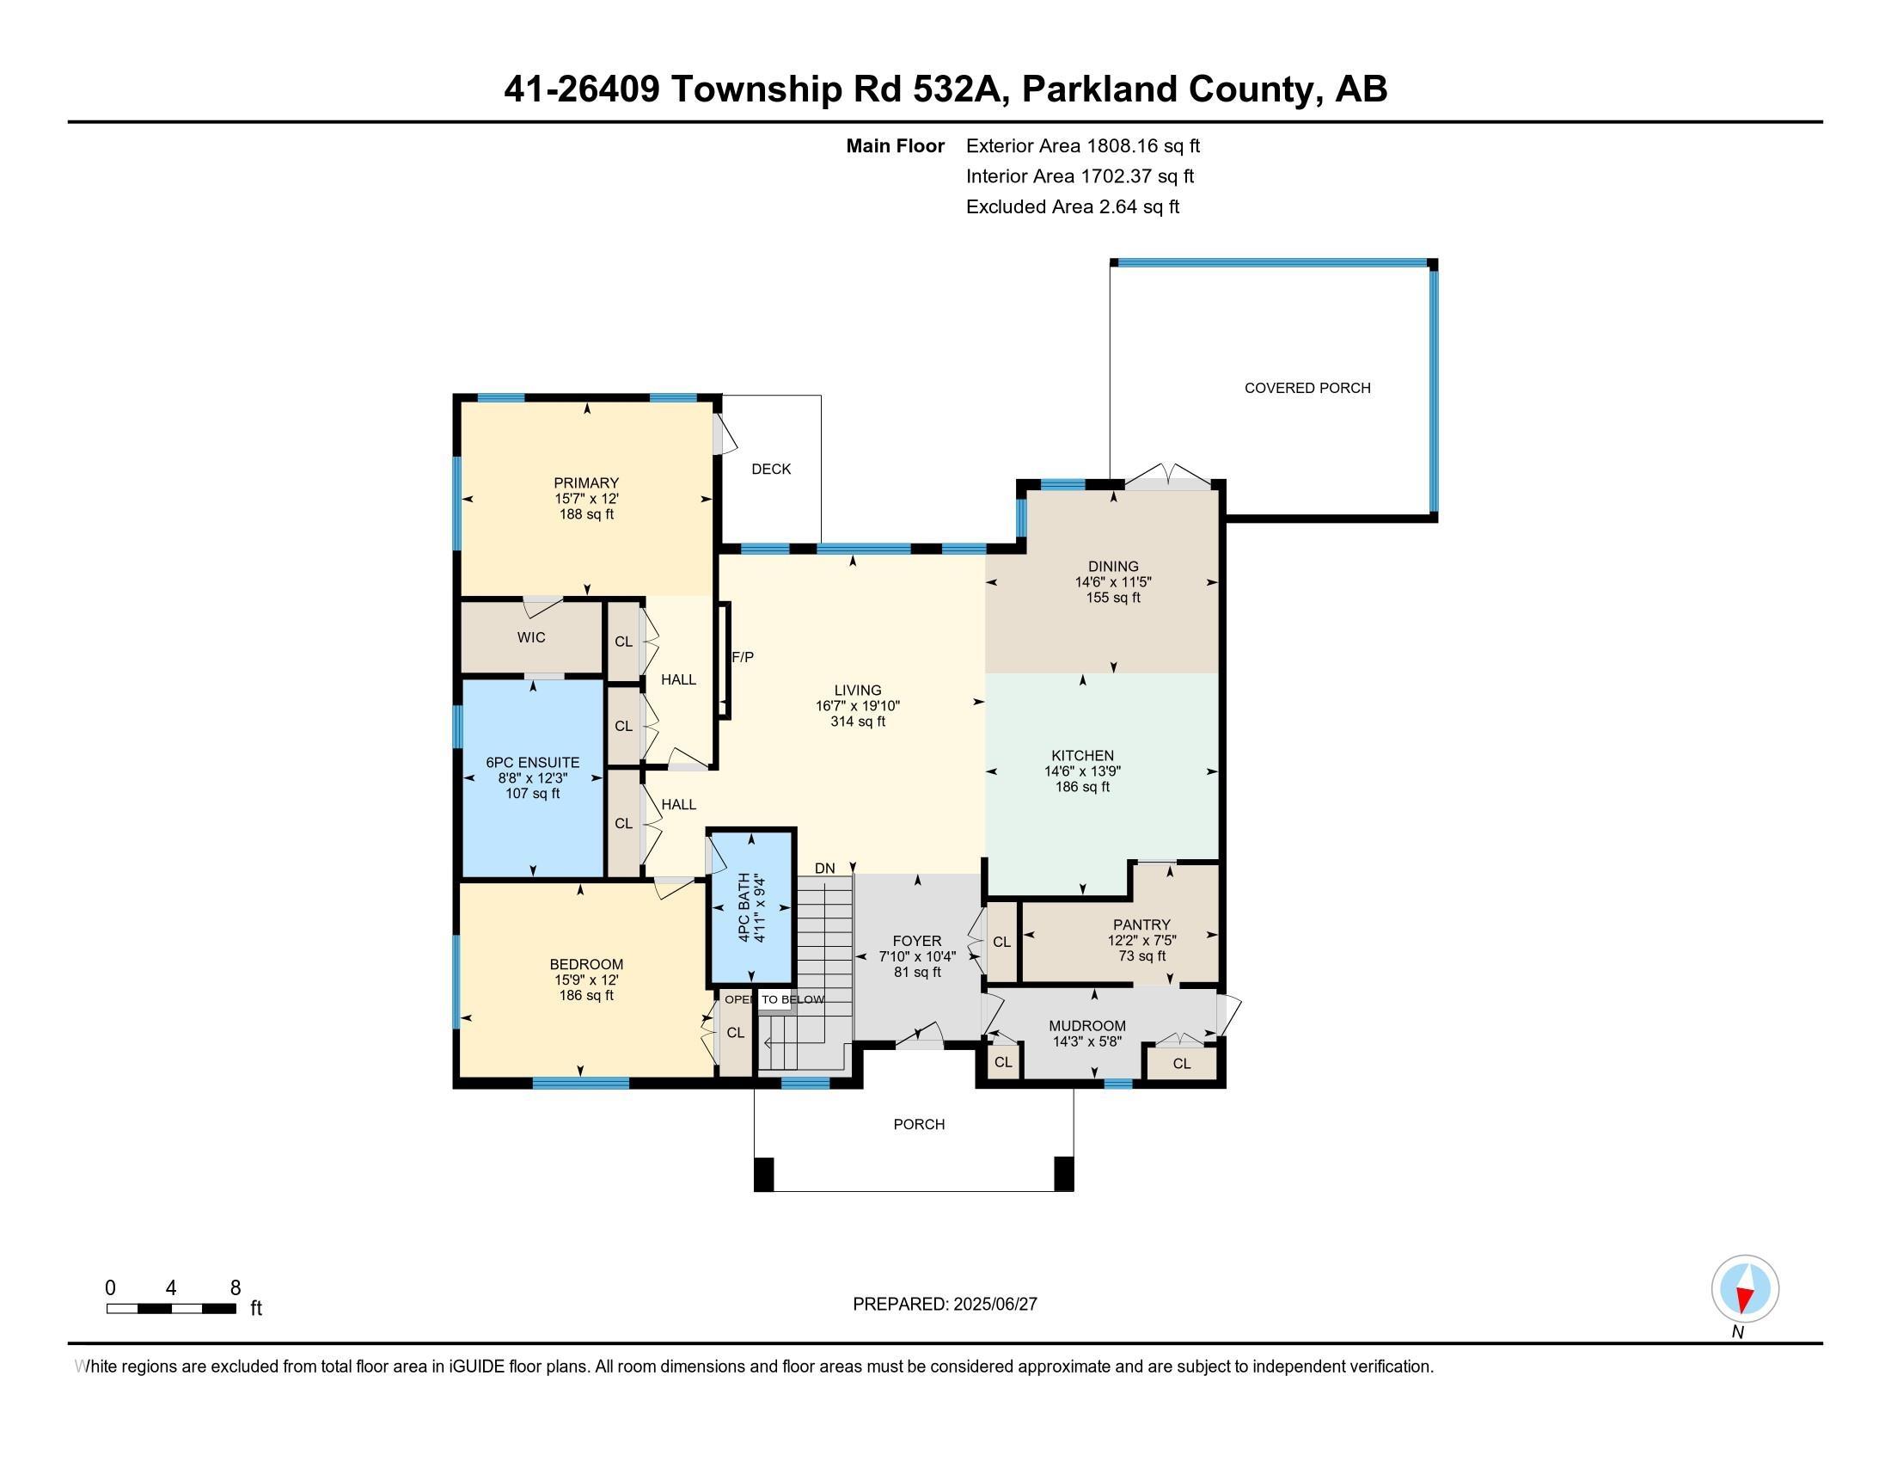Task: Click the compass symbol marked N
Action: [x=1745, y=1289]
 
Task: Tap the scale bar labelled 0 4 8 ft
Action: [x=171, y=1309]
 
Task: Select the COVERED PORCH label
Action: [x=1307, y=388]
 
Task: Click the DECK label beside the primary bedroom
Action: [x=771, y=470]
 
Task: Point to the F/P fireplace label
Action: [x=743, y=657]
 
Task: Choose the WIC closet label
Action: [x=531, y=637]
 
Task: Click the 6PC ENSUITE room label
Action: [x=533, y=762]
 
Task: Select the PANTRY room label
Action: [x=1142, y=925]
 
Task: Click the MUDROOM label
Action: [x=1087, y=1026]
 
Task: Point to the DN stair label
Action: [x=824, y=869]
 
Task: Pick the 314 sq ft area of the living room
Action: [x=858, y=722]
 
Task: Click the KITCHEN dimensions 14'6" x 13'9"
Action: [x=1082, y=771]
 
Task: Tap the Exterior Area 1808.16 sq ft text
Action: [x=1083, y=145]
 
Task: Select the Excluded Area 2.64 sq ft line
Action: [x=1073, y=206]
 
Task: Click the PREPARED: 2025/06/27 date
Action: [x=945, y=1305]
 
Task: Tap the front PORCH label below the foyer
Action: [x=919, y=1124]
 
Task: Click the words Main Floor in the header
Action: [x=896, y=145]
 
